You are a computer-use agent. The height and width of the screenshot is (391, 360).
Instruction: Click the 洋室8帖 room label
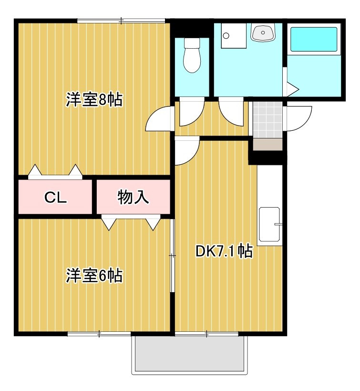94,100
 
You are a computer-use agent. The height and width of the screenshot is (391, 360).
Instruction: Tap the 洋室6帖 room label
94,275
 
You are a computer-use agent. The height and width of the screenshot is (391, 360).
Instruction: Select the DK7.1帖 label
224,251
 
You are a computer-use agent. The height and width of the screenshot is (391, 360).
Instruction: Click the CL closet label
55,198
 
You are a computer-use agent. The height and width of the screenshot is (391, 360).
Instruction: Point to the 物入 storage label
133,197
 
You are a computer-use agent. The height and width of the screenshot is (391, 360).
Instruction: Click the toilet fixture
192,55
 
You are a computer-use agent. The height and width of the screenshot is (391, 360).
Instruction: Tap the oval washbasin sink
263,32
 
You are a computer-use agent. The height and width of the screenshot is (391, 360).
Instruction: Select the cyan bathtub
314,40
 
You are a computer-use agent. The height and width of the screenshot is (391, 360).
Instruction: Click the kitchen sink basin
269,224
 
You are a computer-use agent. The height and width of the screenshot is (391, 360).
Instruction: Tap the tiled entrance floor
267,120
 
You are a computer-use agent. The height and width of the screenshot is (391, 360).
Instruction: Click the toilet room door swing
192,111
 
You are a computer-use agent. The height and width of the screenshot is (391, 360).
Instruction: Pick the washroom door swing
231,111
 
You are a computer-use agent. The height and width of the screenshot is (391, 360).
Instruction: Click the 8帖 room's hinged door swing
159,119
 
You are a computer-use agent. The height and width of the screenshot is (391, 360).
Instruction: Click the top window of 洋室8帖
121,21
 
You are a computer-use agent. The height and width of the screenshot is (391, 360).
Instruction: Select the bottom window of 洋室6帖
99,334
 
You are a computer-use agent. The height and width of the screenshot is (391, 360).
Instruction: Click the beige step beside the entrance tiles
267,145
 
